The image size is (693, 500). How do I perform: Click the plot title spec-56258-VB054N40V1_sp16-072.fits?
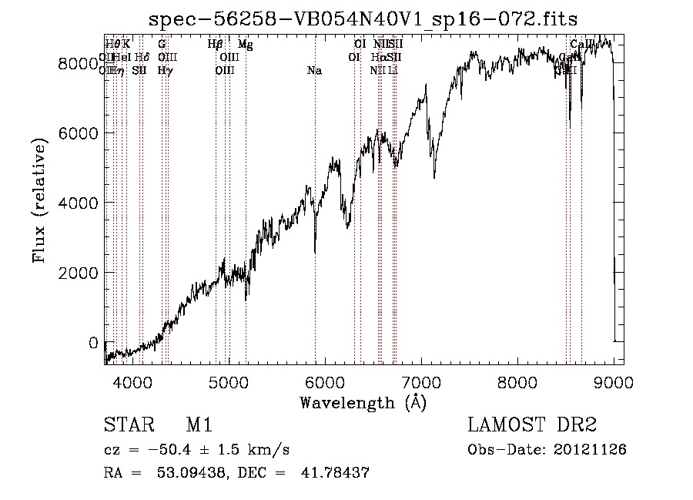click(x=363, y=18)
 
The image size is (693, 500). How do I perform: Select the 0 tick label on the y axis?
click(x=93, y=343)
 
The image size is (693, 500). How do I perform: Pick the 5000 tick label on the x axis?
click(x=228, y=381)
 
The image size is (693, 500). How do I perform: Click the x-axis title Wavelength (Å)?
click(x=363, y=402)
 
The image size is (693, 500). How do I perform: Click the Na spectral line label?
click(x=314, y=71)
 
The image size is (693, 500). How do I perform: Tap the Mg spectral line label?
click(x=245, y=45)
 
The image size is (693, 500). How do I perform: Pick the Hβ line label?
click(x=216, y=45)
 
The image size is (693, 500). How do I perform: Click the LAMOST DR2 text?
click(x=532, y=425)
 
